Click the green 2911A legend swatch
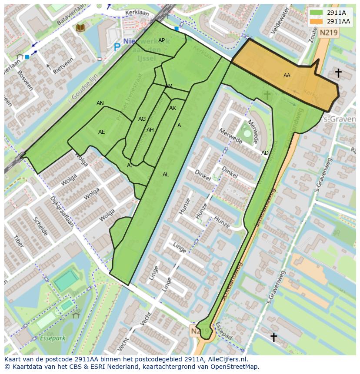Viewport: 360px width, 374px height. (x=317, y=13)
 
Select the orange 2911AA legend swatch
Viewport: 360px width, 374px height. (x=317, y=21)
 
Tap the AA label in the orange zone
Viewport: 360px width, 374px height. (x=287, y=76)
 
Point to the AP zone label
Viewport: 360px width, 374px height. (x=161, y=40)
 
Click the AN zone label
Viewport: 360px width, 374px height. (x=100, y=103)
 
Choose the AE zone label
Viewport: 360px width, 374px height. (x=101, y=132)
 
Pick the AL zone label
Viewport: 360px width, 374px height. (x=166, y=175)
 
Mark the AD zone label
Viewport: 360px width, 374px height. (x=265, y=153)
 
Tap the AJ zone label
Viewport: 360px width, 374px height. (x=130, y=165)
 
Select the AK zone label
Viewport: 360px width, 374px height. (x=173, y=108)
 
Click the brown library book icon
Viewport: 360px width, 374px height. (x=80, y=28)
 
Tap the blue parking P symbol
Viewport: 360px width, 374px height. (x=117, y=46)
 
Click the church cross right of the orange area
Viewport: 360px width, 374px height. (x=338, y=73)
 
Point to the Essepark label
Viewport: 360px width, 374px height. (x=52, y=338)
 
